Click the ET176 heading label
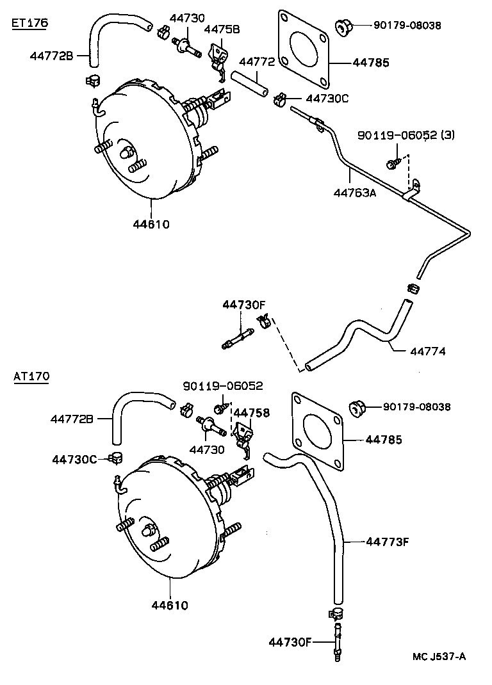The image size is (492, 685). point(30,23)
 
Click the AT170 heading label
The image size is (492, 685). point(31,376)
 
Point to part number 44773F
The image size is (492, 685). point(387,542)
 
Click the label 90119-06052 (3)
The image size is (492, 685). point(406,135)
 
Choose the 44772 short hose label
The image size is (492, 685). point(257,62)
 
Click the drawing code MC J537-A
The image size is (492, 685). point(439,656)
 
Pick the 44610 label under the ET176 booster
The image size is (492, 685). point(151,224)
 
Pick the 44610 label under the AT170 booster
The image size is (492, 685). point(170,605)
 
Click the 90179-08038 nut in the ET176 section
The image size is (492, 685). point(344,27)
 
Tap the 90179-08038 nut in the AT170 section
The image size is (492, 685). point(357,407)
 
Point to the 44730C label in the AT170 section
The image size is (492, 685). point(74,459)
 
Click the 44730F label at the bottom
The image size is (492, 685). point(290,642)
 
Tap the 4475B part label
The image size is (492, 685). point(222,29)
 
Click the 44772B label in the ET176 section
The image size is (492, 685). point(51,56)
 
